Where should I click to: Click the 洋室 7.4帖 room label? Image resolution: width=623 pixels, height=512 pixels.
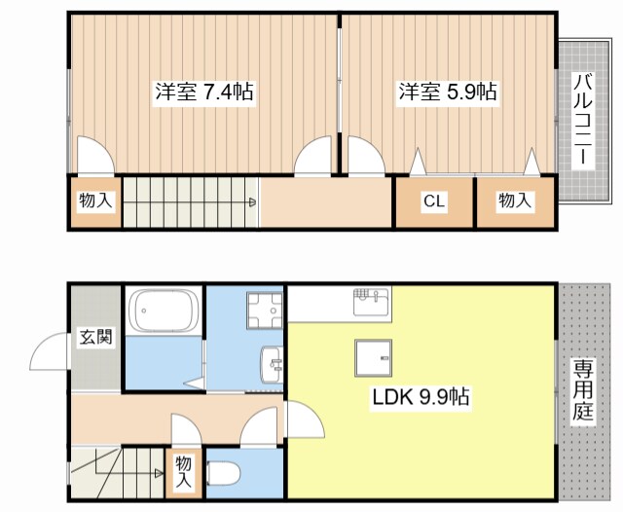pos(203,93)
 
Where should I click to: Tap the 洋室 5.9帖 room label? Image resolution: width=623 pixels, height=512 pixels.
pos(447,93)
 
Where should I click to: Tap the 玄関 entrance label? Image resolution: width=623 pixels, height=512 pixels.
pos(95,339)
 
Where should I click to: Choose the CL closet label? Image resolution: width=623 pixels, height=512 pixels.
pos(433,201)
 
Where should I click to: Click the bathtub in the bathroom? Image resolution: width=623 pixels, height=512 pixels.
pos(163,311)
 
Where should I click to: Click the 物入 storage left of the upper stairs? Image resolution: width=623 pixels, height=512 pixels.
pos(95,201)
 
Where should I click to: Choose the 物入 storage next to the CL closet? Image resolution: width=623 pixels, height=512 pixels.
pos(515,201)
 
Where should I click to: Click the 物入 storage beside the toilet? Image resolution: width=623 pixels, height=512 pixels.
pos(183,472)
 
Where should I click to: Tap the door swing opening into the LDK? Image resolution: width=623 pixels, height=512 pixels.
pos(305,421)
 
